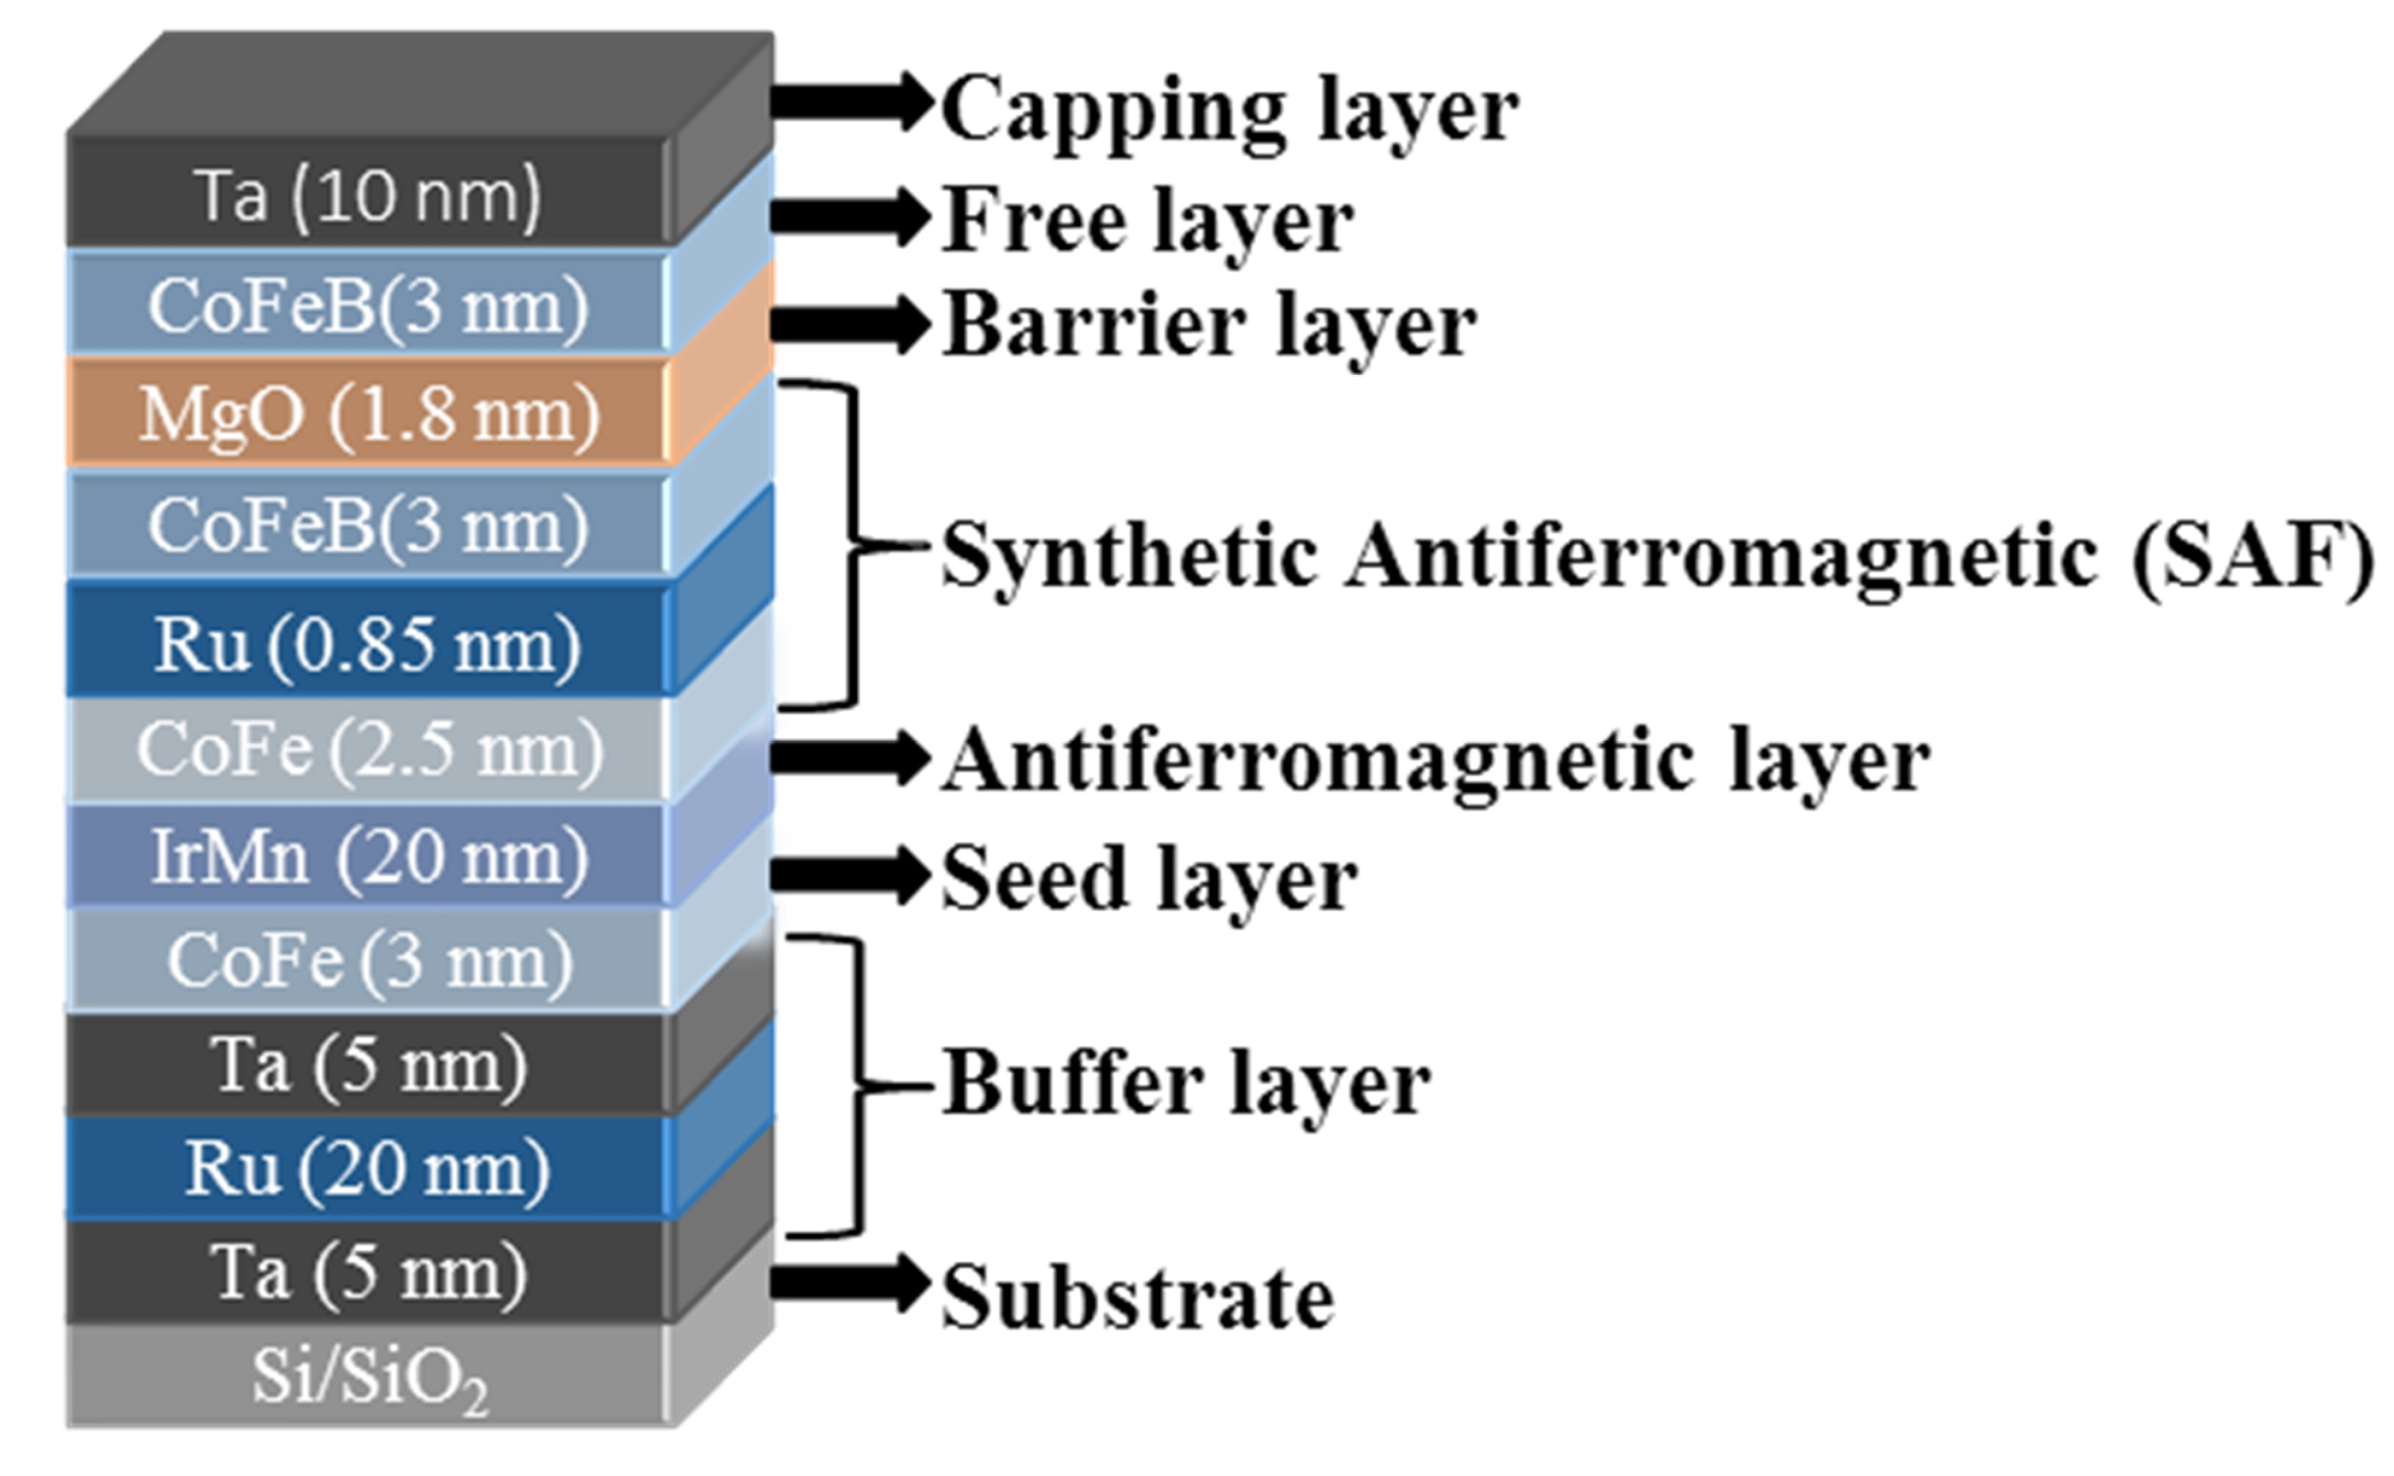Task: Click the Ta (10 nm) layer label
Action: (369, 195)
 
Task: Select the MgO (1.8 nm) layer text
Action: (369, 415)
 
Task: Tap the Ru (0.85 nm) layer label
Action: (369, 645)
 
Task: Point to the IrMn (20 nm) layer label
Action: (369, 857)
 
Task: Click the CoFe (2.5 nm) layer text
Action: (369, 750)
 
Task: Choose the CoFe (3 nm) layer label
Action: (369, 961)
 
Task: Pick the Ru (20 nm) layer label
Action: (369, 1169)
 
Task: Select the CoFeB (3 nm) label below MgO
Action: (369, 525)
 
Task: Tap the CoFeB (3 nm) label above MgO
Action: (369, 306)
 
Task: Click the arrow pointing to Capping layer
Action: (849, 102)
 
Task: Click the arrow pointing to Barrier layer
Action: (849, 323)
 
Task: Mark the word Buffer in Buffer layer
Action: (1073, 1084)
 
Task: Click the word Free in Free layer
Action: (1036, 221)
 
